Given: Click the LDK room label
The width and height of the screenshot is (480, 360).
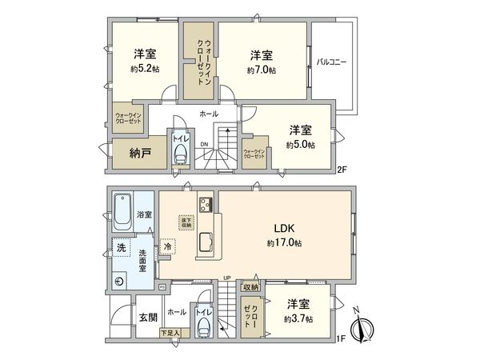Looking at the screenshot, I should pyautogui.click(x=284, y=227).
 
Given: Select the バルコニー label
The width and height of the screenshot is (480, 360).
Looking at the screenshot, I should pyautogui.click(x=330, y=62).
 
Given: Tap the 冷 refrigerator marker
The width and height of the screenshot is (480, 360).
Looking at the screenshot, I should pyautogui.click(x=168, y=248).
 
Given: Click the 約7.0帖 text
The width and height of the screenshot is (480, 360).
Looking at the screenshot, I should pyautogui.click(x=262, y=70).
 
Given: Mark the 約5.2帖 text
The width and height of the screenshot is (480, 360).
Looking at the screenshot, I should pyautogui.click(x=145, y=70).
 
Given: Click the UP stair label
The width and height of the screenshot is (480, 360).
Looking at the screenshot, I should pyautogui.click(x=228, y=278).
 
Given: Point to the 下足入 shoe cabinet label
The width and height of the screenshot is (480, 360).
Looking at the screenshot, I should pyautogui.click(x=169, y=332).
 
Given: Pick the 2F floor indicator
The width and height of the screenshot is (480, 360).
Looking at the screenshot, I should pyautogui.click(x=341, y=169).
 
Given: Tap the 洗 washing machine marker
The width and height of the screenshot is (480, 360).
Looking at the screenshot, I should pyautogui.click(x=121, y=246).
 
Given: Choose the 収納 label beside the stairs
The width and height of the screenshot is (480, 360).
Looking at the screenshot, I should pyautogui.click(x=251, y=287).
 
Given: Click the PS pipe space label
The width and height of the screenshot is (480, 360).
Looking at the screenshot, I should pyautogui.click(x=162, y=287).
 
